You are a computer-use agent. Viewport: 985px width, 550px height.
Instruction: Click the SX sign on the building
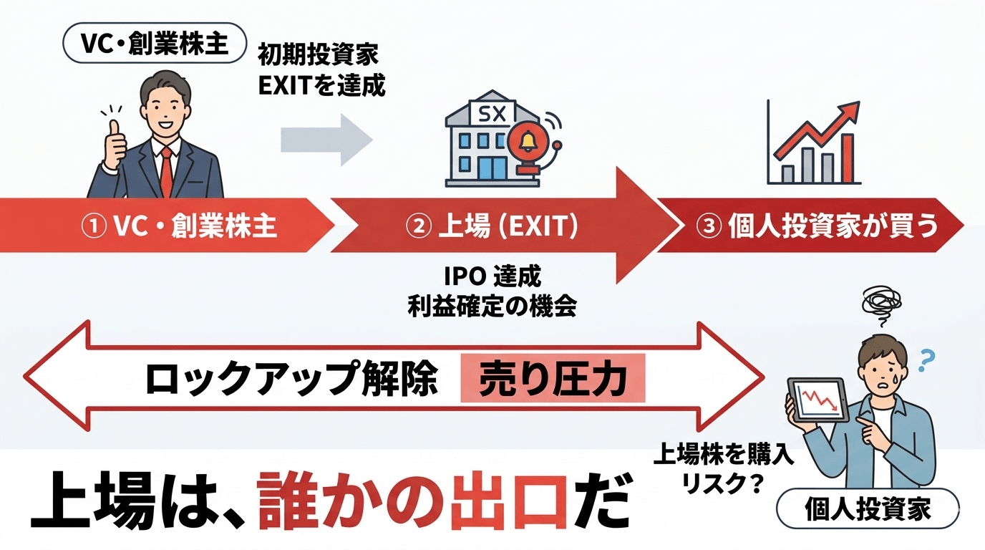coord(490,112)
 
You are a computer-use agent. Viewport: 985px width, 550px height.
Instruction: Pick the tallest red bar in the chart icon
coord(847,158)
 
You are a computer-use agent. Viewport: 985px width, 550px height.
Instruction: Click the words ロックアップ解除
coord(291,379)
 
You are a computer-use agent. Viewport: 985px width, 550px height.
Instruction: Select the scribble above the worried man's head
coord(884,304)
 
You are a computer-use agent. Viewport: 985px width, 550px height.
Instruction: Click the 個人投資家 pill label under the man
coord(868,510)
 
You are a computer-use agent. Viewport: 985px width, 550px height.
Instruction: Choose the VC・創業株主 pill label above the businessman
coord(155,45)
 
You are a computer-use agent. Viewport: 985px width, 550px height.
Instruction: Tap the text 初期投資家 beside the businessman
coord(318,55)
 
